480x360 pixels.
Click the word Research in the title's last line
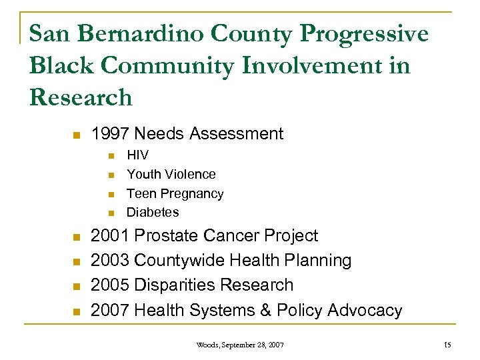pyautogui.click(x=81, y=97)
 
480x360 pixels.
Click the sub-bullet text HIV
pyautogui.click(x=137, y=155)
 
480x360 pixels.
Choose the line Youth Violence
pyautogui.click(x=171, y=174)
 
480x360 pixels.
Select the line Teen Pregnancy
pyautogui.click(x=175, y=193)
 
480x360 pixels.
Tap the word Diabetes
pyautogui.click(x=153, y=212)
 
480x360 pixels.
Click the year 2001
pyautogui.click(x=109, y=236)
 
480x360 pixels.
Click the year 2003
pyautogui.click(x=109, y=261)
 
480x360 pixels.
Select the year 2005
pyautogui.click(x=109, y=285)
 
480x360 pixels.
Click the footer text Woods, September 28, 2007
pyautogui.click(x=240, y=345)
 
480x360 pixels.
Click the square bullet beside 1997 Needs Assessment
pyautogui.click(x=76, y=135)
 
